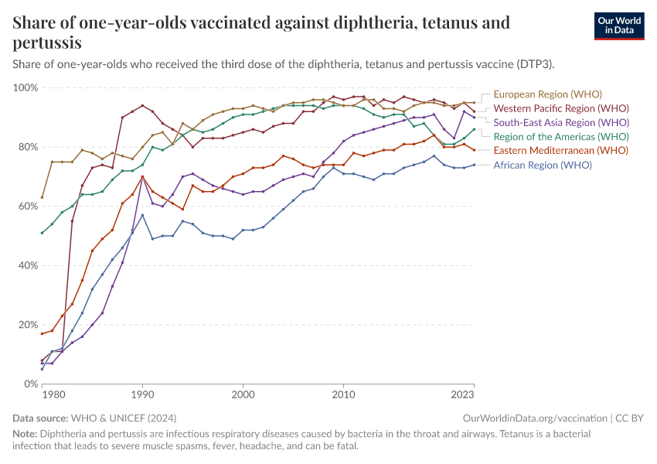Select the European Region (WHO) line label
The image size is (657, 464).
[547, 94]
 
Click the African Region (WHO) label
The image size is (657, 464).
[543, 165]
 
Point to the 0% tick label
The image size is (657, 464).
[30, 384]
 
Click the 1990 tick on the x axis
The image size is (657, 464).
[142, 395]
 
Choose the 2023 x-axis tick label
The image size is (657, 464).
[463, 395]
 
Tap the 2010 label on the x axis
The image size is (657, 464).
[343, 395]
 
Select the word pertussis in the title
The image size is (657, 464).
[47, 43]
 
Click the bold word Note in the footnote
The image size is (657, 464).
[25, 434]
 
